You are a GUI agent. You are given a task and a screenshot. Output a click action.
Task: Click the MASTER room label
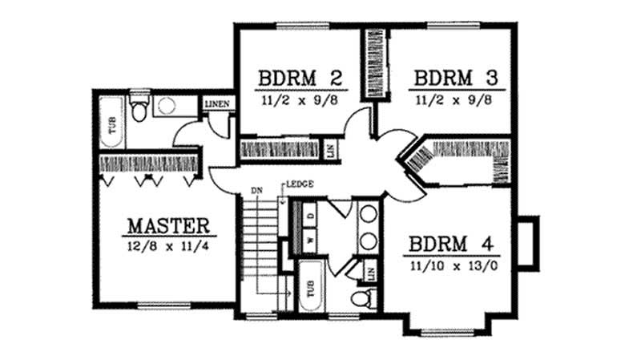point(167,224)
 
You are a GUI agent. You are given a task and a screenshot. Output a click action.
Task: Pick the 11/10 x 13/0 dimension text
point(454,266)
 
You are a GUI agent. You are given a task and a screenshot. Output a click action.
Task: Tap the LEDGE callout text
point(300,184)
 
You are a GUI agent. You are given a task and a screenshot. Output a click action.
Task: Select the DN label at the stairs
point(256,191)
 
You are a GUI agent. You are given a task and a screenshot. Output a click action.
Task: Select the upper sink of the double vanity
point(369,215)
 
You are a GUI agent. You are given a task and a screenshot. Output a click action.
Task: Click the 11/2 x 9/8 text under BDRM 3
point(454,102)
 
